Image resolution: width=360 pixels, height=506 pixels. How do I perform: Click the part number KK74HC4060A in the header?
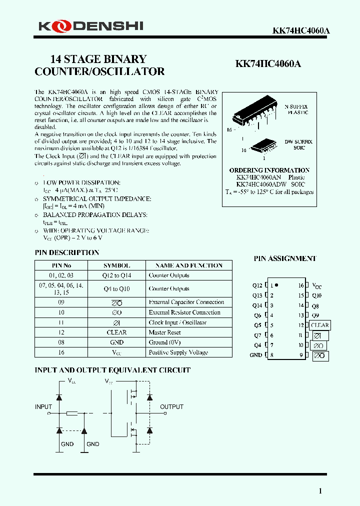pyautogui.click(x=300, y=30)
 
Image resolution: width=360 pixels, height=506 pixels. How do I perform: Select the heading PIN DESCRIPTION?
pyautogui.click(x=66, y=252)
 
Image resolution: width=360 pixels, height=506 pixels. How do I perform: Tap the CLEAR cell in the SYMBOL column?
pyautogui.click(x=116, y=332)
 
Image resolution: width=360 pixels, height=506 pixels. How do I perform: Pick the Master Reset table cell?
pyautogui.click(x=164, y=332)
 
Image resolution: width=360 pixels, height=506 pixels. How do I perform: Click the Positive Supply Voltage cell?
pyautogui.click(x=178, y=352)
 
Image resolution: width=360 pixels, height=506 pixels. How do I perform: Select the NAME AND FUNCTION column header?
pyautogui.click(x=188, y=265)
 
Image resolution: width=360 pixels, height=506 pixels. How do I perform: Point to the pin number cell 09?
pyautogui.click(x=61, y=302)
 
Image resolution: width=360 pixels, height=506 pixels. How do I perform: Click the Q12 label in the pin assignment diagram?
pyautogui.click(x=257, y=285)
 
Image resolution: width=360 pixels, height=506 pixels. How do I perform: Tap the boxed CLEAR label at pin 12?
pyautogui.click(x=319, y=325)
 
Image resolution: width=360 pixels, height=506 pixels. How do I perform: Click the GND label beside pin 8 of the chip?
pyautogui.click(x=255, y=355)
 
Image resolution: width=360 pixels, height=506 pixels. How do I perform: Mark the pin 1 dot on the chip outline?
pyautogui.click(x=276, y=285)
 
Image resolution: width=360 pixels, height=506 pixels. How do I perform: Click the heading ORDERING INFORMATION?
pyautogui.click(x=269, y=170)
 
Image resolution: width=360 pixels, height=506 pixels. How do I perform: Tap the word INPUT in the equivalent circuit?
pyautogui.click(x=43, y=407)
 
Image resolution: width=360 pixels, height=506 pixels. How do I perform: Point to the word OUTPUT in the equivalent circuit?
pyautogui.click(x=171, y=407)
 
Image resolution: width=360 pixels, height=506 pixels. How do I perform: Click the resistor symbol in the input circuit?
pyautogui.click(x=71, y=413)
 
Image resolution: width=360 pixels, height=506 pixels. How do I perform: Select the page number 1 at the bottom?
pyautogui.click(x=320, y=491)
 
